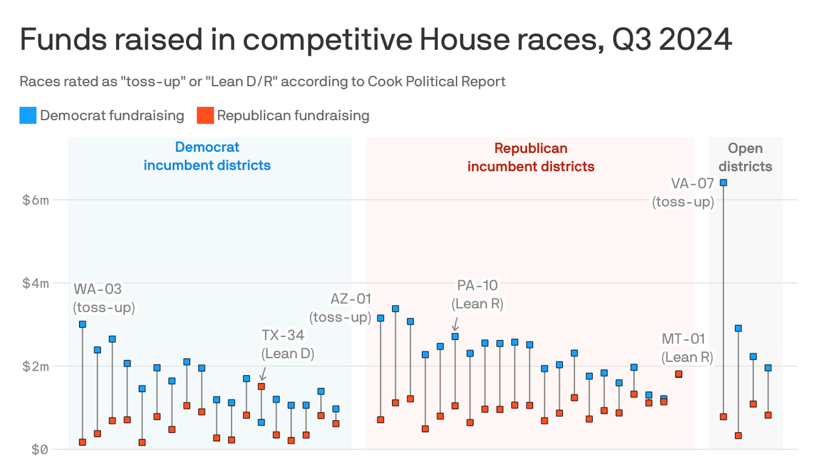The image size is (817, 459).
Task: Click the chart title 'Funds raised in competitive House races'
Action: coord(376,41)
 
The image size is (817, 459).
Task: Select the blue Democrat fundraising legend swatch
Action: coord(28,115)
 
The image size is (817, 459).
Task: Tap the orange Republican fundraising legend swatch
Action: coord(205,115)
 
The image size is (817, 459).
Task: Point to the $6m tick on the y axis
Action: coord(35,200)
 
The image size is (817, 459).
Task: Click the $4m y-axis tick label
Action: coord(35,283)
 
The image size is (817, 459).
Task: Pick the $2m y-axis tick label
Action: coord(35,366)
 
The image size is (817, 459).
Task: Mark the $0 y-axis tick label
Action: coord(35,449)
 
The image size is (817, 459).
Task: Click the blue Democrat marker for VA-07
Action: coord(723,182)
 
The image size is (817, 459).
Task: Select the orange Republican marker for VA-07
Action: coord(723,417)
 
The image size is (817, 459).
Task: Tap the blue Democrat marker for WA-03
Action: coord(83,324)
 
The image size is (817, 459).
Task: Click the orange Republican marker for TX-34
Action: coord(261,386)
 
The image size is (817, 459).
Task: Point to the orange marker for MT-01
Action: coord(679,374)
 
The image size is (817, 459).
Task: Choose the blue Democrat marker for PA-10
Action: coord(455,336)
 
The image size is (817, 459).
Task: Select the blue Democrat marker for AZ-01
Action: coord(380,318)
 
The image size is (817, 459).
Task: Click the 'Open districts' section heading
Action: coord(745,157)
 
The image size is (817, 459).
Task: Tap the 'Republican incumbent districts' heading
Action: coord(531,157)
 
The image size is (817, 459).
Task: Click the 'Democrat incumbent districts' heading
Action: coord(207,156)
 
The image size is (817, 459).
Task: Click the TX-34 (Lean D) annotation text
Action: coord(288,344)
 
